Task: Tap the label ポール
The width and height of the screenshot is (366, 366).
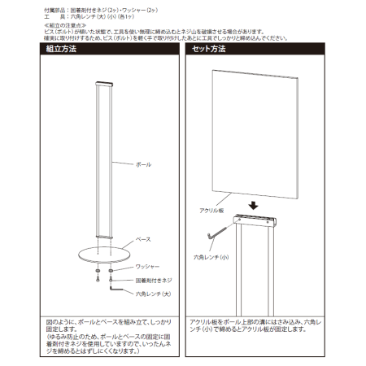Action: (x=142, y=164)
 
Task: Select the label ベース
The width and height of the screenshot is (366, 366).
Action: (x=142, y=241)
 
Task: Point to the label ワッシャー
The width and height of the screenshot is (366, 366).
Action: (x=147, y=266)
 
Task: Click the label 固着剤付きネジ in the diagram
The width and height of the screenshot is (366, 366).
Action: (x=151, y=280)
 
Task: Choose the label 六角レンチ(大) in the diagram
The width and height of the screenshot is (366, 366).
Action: (x=150, y=293)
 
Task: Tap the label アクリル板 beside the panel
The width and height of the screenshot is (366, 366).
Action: (x=210, y=210)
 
